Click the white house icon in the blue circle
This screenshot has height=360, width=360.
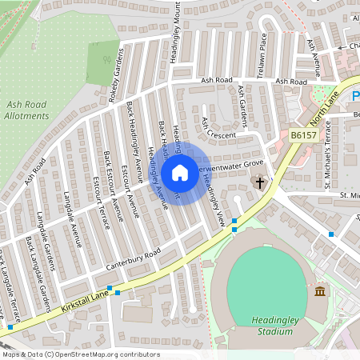tap(180, 172)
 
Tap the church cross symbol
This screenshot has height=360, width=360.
tap(259, 183)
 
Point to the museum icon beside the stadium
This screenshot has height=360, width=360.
tap(320, 290)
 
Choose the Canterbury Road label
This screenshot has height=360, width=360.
tap(133, 257)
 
